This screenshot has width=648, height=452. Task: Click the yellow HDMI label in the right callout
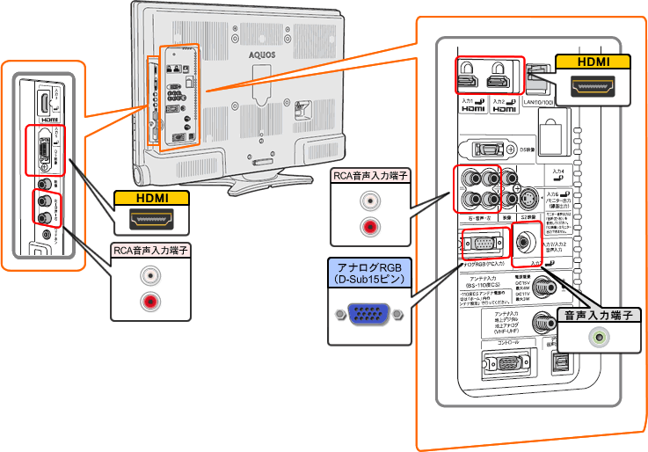(593, 62)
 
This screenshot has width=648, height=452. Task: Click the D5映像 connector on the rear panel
(491, 150)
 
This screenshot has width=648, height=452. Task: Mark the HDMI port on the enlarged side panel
(43, 106)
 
